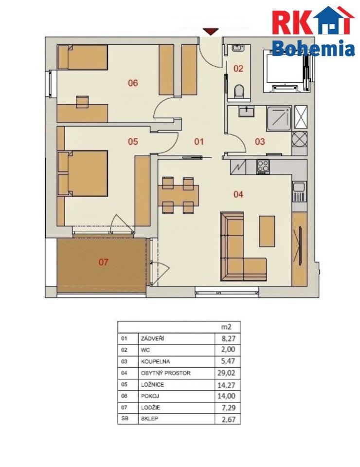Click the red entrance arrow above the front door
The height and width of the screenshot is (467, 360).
(x=211, y=32)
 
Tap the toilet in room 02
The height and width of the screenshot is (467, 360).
(x=239, y=92)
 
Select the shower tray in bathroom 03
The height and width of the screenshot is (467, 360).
(x=279, y=119)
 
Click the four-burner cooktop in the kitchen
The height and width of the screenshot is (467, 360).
(x=263, y=167)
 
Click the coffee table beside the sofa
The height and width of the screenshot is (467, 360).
(x=267, y=231)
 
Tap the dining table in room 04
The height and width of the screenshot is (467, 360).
(x=178, y=195)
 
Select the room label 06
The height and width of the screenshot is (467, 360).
(x=133, y=83)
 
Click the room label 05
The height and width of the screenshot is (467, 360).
(x=133, y=141)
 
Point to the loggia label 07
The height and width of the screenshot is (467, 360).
(x=104, y=262)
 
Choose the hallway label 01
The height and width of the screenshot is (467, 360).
(x=199, y=142)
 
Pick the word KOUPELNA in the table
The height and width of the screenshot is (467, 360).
(x=155, y=361)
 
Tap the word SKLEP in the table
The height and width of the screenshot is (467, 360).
(x=149, y=418)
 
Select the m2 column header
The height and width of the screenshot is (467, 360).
(x=226, y=327)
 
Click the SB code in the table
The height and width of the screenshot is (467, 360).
(x=125, y=418)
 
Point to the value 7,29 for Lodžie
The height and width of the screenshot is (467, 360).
(x=229, y=408)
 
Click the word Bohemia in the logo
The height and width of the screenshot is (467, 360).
(x=313, y=48)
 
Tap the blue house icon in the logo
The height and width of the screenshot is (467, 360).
(x=330, y=20)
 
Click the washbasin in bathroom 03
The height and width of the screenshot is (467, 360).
(x=246, y=112)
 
